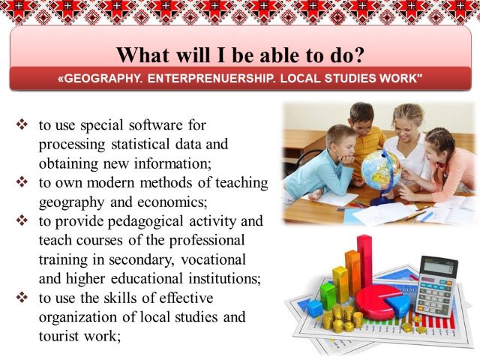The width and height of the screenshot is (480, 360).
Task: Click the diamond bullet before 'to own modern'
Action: pos(22,181)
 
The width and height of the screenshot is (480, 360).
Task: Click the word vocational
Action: pos(213,260)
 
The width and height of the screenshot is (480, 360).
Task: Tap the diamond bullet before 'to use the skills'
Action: pos(22,297)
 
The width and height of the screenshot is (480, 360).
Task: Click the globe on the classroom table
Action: pos(380,170)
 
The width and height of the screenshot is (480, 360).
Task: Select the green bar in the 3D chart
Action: pos(328,295)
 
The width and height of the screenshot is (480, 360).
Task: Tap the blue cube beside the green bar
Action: pos(315,308)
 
